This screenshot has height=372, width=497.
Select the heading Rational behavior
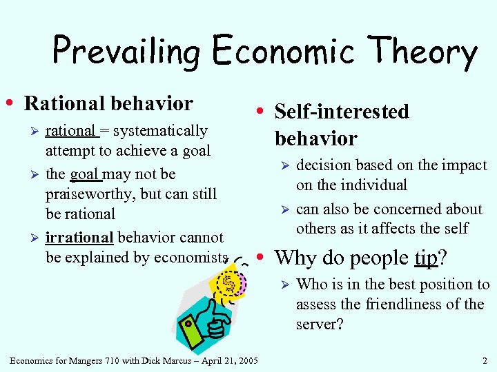click(108, 103)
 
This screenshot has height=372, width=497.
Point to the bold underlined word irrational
click(79, 238)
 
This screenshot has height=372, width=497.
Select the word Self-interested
click(342, 112)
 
